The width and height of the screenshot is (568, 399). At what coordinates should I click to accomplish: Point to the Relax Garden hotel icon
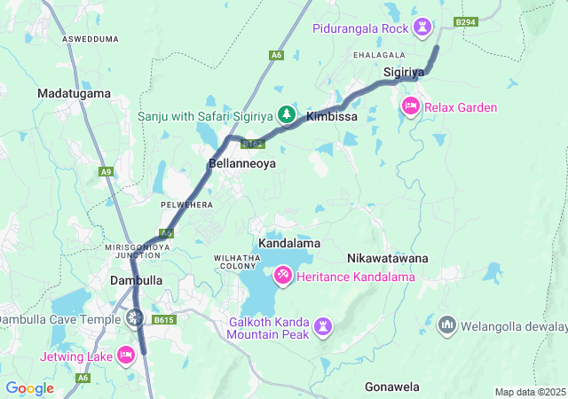410,107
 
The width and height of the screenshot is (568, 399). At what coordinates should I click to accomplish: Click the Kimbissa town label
331,116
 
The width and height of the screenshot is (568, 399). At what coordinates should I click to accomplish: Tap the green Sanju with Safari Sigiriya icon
286,114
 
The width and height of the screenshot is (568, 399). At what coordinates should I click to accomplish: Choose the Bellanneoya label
242,164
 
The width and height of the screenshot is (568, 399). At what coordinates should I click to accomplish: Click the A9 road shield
106,171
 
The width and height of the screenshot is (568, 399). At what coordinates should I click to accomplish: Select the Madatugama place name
74,93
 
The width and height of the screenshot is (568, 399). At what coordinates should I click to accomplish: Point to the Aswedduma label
91,40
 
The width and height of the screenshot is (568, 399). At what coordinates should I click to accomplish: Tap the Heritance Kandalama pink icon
282,277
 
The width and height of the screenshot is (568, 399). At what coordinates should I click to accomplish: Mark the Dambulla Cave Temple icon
134,317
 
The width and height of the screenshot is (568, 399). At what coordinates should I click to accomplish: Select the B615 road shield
163,320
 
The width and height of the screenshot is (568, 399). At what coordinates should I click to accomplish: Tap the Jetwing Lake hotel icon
126,356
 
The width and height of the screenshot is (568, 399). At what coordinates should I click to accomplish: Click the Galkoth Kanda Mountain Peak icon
323,327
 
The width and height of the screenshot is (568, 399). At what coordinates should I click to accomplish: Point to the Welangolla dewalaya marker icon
446,325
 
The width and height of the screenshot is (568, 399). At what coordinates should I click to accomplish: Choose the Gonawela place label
391,387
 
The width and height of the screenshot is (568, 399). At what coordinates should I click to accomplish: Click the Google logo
29,388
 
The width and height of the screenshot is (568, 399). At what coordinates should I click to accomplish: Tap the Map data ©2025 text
529,392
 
